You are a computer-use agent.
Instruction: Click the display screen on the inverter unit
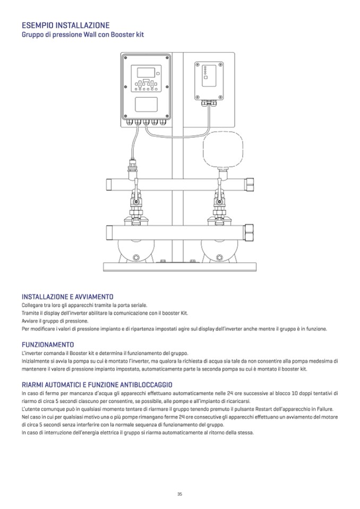point(146,73)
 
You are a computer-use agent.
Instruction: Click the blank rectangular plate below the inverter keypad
point(147,104)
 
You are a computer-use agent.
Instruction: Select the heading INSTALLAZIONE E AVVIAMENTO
point(67,297)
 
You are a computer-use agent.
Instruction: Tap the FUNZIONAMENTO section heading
point(48,344)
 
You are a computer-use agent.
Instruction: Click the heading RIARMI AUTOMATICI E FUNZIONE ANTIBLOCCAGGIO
point(96,384)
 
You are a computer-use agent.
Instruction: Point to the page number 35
point(179,494)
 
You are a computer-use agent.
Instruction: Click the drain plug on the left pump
point(136,258)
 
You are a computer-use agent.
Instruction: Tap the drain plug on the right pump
point(218,258)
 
